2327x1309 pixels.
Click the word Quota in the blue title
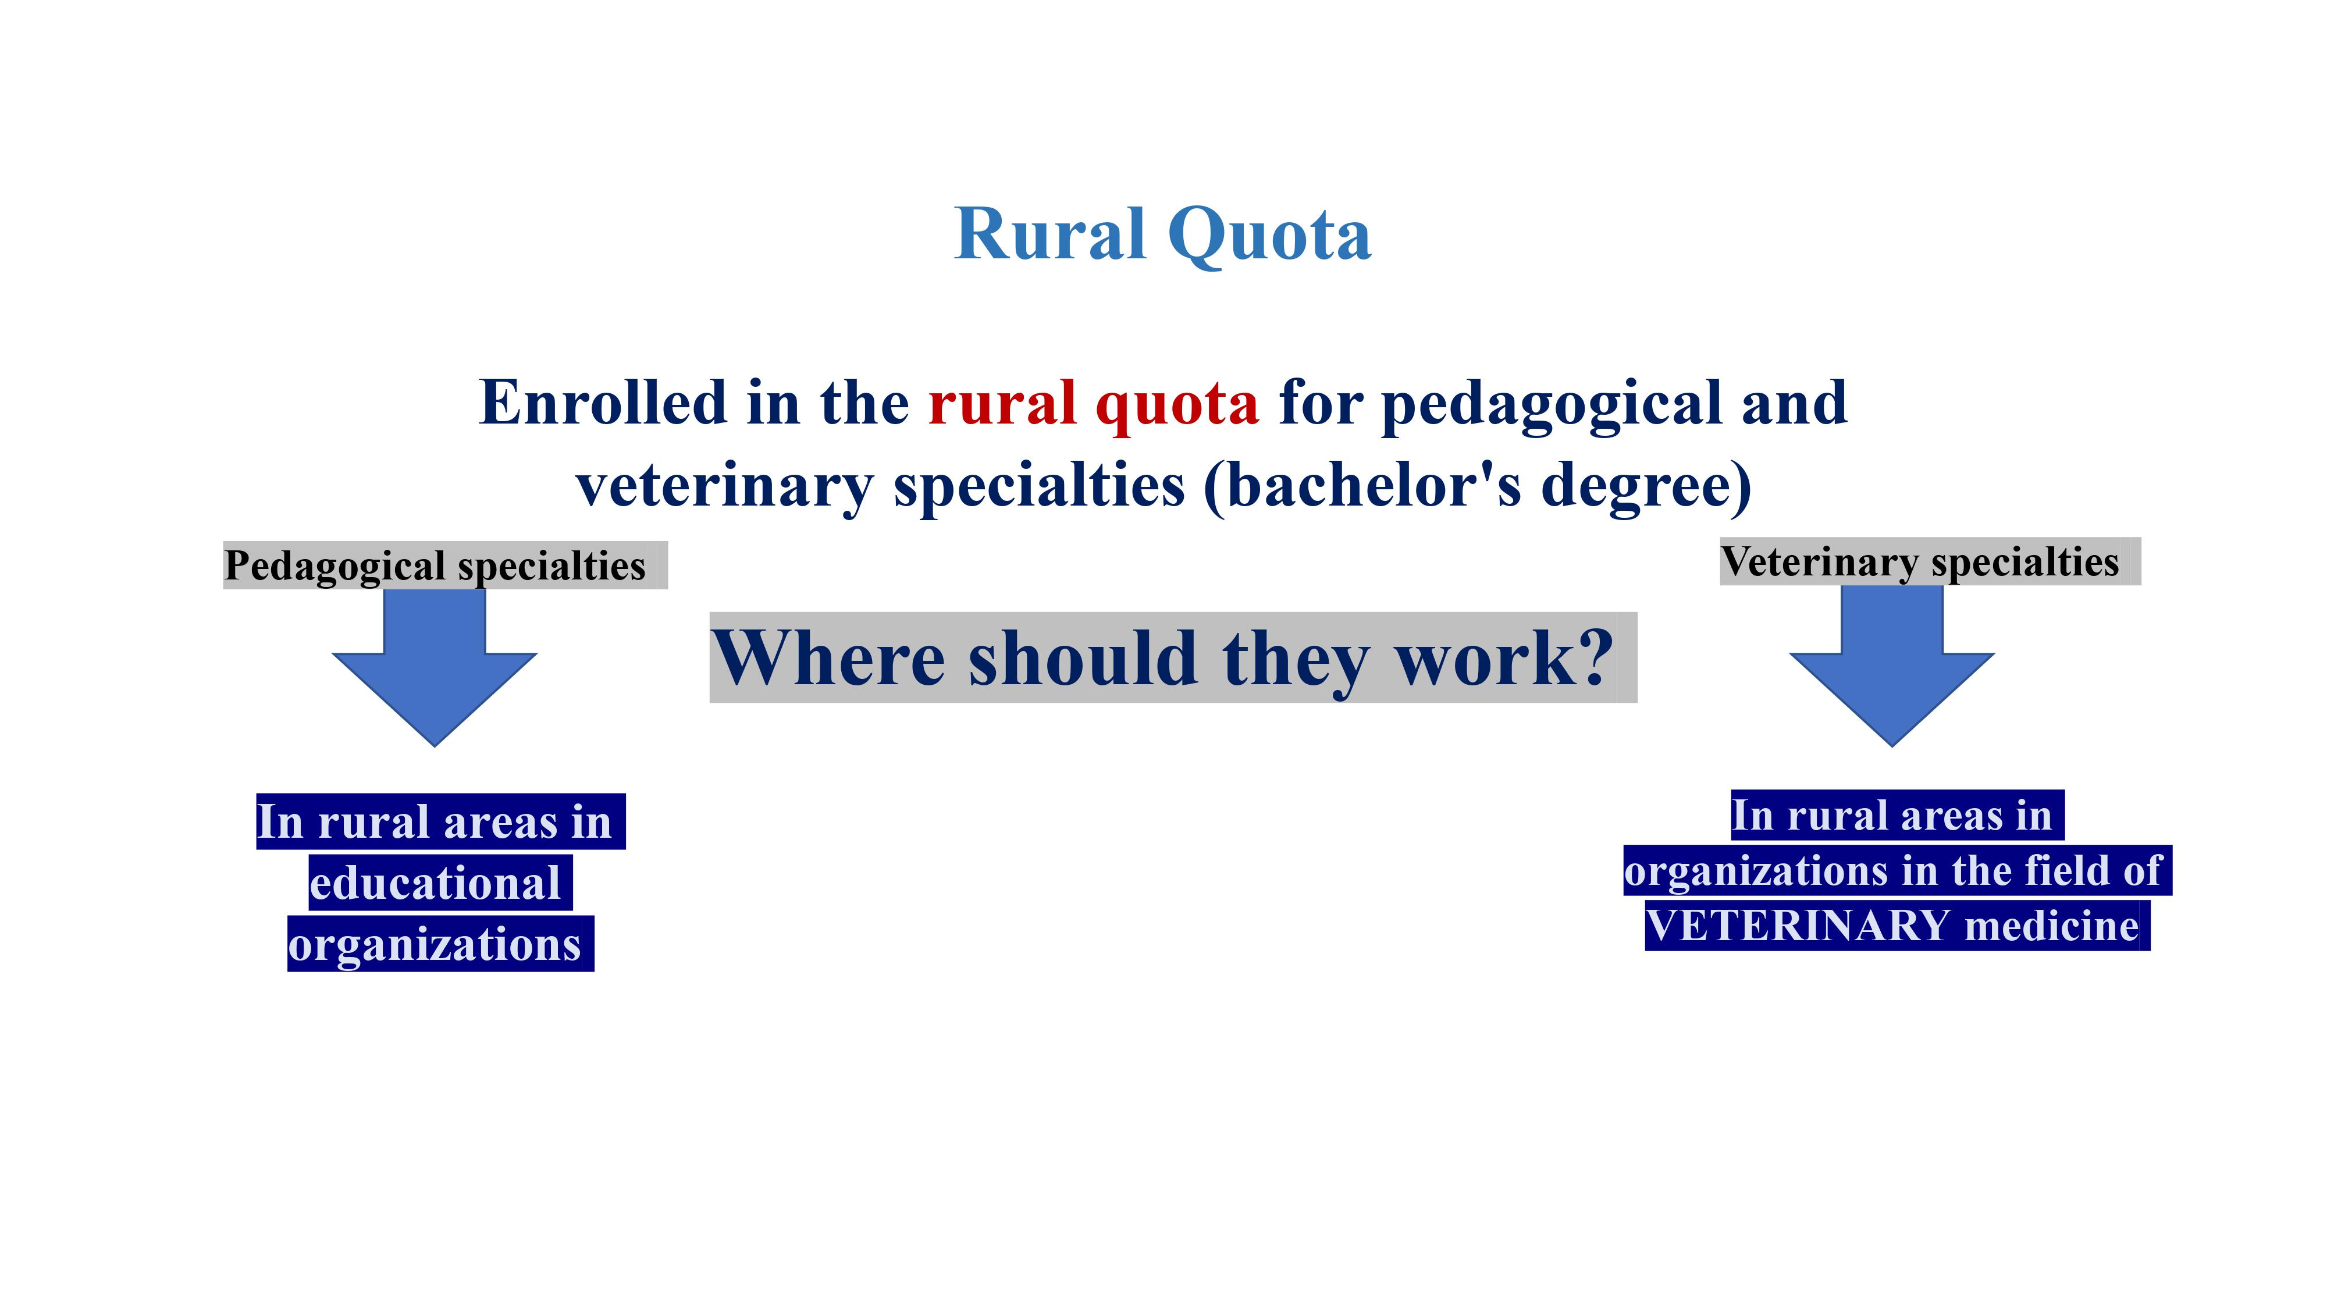(x=1269, y=235)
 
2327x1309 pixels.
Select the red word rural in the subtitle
(x=1002, y=403)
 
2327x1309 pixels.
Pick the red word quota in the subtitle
(x=1176, y=407)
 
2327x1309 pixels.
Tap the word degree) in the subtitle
(x=1646, y=488)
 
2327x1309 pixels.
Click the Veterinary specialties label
(x=1920, y=562)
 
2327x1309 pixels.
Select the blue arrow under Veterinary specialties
(x=1892, y=666)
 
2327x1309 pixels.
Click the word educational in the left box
(x=435, y=883)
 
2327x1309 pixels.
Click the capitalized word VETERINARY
(x=1798, y=925)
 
